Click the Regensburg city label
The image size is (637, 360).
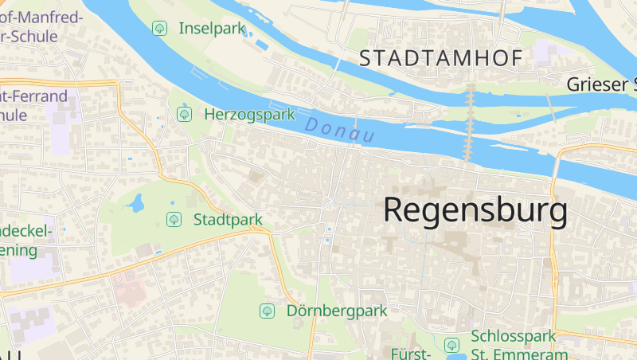coord(475,211)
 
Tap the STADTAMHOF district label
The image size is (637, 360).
coord(440,58)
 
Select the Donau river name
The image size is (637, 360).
coord(340,130)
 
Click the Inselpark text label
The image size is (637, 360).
coord(210,29)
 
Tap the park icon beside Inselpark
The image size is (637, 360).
coord(159,29)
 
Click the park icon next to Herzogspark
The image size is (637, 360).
coord(185,114)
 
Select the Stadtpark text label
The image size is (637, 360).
coord(228,219)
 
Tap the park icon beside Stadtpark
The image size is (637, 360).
coord(173,219)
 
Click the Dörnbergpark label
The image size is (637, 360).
coord(336,311)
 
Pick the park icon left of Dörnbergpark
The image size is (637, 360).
coord(267,311)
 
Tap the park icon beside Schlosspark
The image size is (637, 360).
coord(451,345)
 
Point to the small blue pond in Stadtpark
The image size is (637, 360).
coord(135,203)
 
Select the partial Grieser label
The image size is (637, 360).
coord(601,84)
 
